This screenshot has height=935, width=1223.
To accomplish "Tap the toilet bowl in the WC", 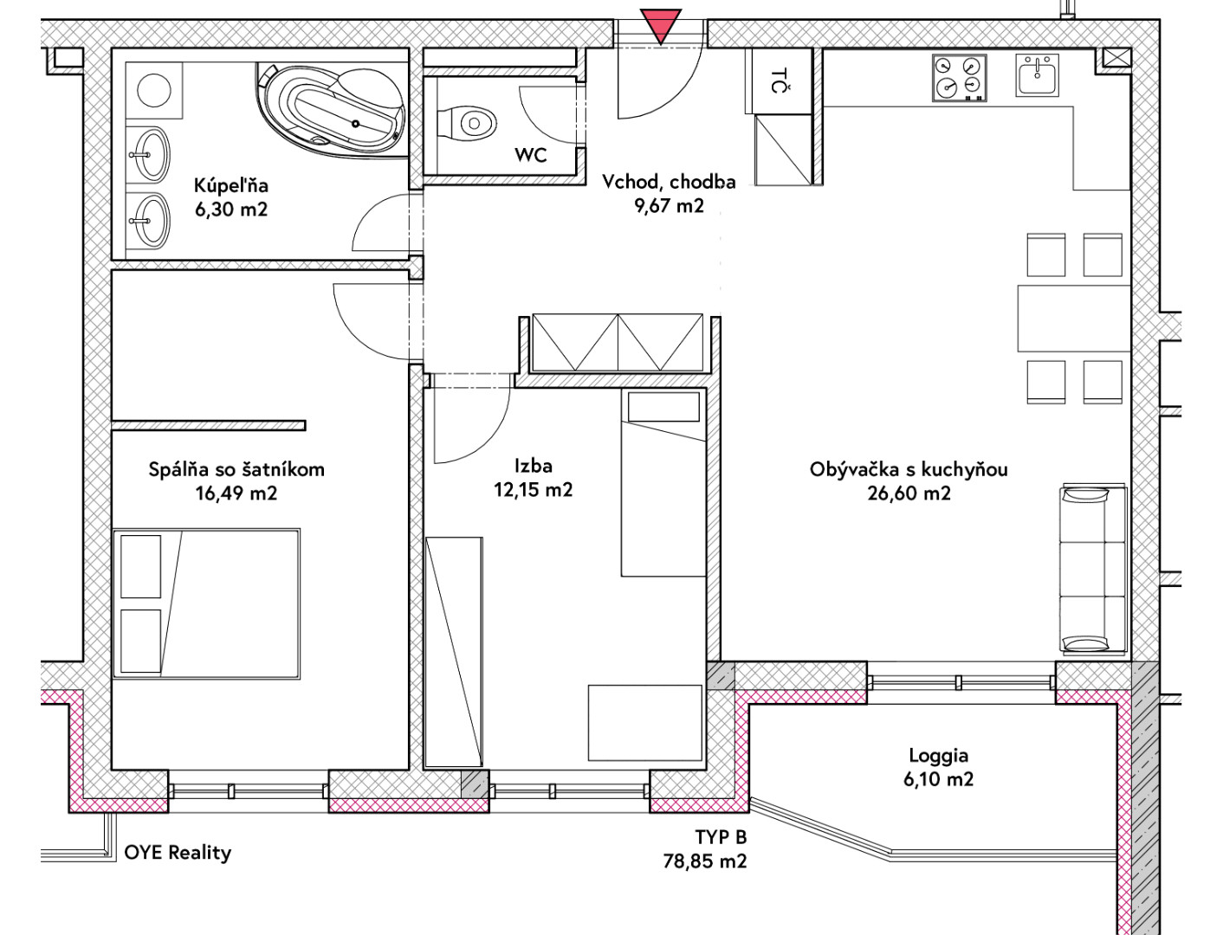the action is [x=467, y=123].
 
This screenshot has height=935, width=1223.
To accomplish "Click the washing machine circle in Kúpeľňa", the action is [x=154, y=90].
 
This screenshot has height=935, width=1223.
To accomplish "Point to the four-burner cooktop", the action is [x=960, y=77].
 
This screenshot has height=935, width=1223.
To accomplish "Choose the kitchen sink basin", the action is [x=1037, y=75].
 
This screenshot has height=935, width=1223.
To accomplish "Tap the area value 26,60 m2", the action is [x=909, y=493].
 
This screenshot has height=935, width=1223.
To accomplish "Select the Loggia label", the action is [x=938, y=756].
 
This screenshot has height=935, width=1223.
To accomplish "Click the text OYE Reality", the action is [x=178, y=853].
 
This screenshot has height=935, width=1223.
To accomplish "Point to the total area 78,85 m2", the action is [x=704, y=861].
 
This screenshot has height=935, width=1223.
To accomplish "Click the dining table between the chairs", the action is [x=1074, y=319].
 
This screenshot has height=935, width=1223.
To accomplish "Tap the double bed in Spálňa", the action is [x=207, y=603].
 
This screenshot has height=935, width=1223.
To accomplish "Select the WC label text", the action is [x=530, y=155].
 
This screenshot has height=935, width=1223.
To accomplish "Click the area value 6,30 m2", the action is [x=231, y=210].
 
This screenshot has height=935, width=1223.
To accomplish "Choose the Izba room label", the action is [x=534, y=466].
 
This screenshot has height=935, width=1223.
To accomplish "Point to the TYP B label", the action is [x=721, y=837].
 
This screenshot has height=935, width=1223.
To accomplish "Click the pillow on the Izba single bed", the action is [x=663, y=407].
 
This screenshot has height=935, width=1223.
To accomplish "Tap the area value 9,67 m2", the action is [x=669, y=206].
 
